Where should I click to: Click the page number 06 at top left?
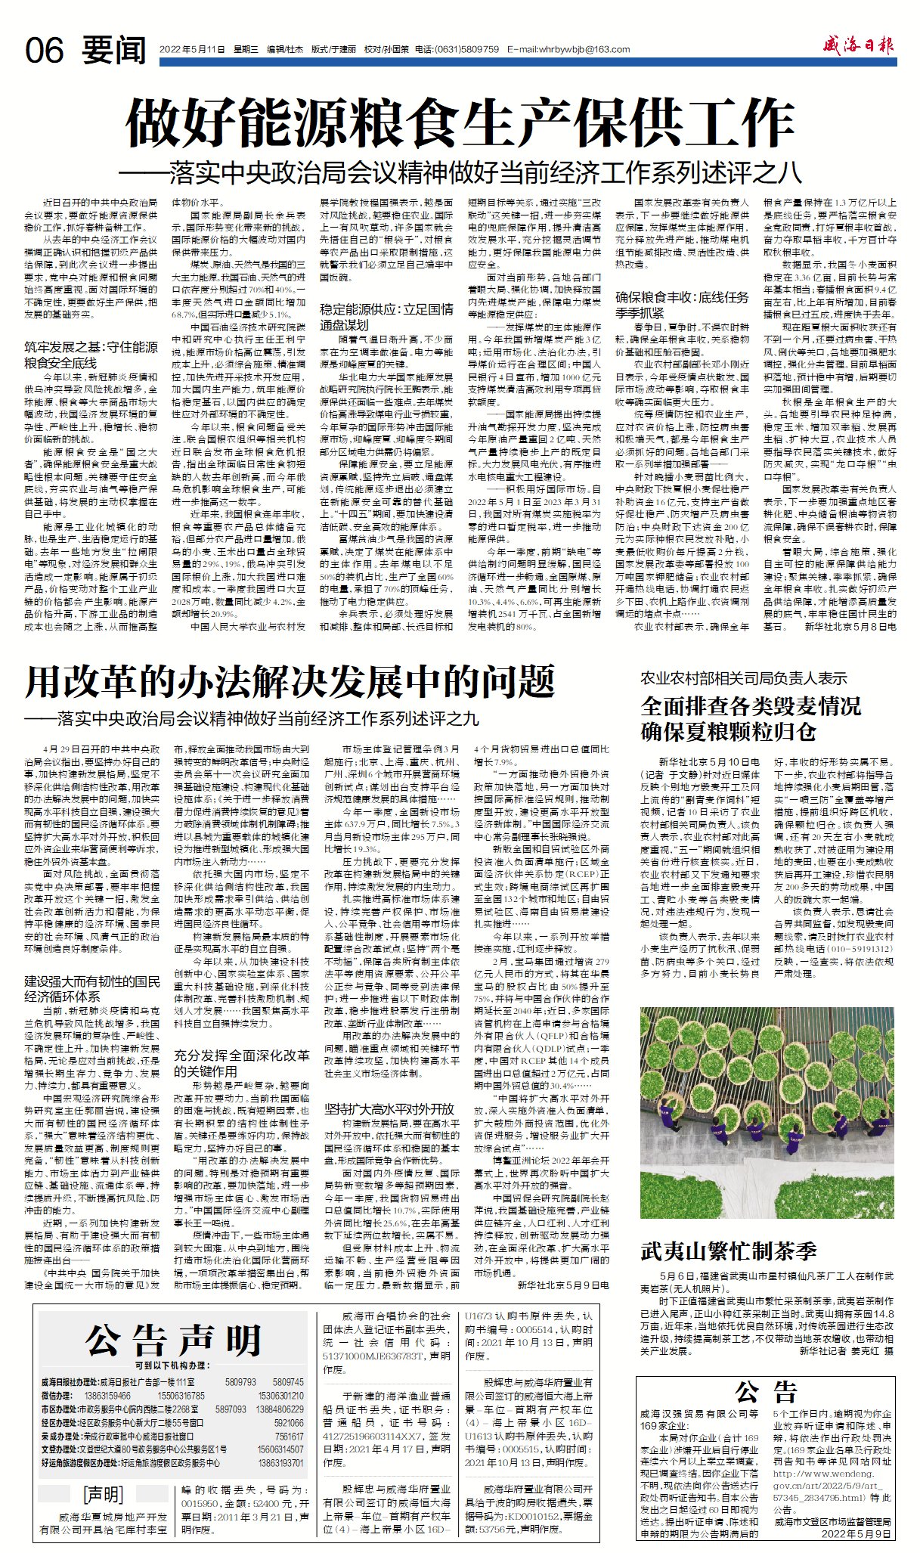pyautogui.click(x=45, y=51)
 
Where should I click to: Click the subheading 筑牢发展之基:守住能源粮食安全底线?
pyautogui.click(x=91, y=355)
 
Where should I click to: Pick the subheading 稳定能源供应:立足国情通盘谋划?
pyautogui.click(x=386, y=316)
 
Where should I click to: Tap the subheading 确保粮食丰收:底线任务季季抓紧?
pyautogui.click(x=683, y=304)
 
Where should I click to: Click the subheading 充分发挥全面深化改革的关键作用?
pyautogui.click(x=241, y=1062)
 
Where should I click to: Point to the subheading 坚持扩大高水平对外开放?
pyautogui.click(x=389, y=1109)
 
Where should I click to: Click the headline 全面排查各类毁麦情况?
pyautogui.click(x=751, y=706)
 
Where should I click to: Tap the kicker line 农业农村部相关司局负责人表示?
pyautogui.click(x=744, y=678)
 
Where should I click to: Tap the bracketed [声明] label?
pyautogui.click(x=102, y=1494)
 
